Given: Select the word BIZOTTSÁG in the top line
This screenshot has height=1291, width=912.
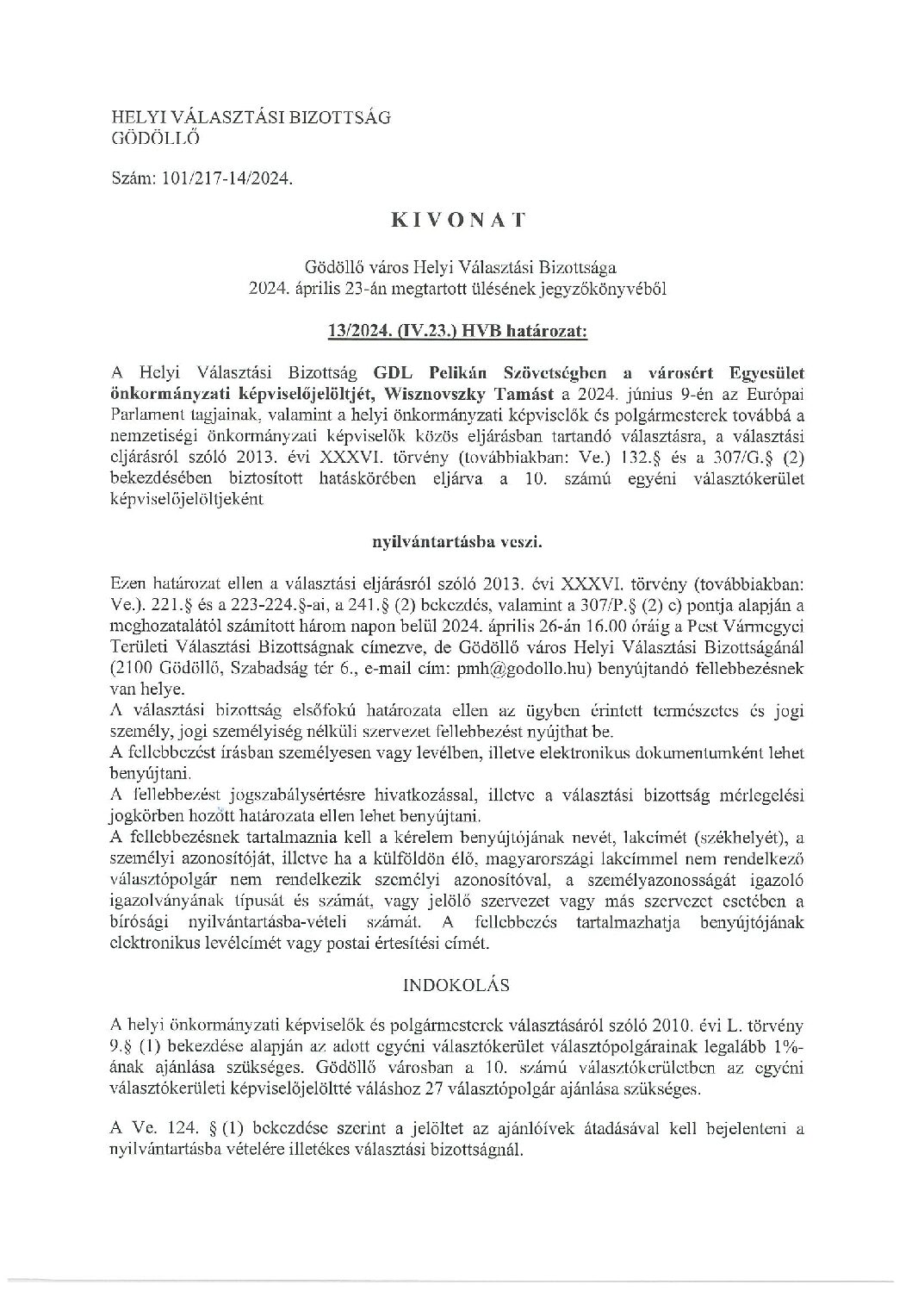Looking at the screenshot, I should (x=344, y=117).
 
